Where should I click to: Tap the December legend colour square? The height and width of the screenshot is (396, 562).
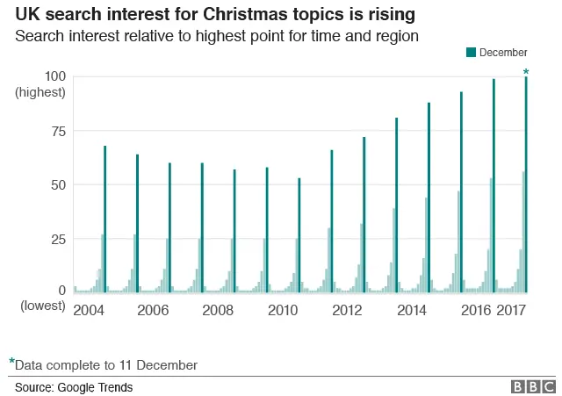pyautogui.click(x=471, y=54)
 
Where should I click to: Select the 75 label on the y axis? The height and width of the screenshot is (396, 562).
pyautogui.click(x=57, y=131)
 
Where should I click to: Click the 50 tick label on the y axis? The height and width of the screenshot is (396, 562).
pyautogui.click(x=57, y=185)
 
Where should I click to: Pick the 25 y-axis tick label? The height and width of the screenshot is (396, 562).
pyautogui.click(x=57, y=239)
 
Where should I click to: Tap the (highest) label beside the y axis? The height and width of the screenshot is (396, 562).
pyautogui.click(x=40, y=92)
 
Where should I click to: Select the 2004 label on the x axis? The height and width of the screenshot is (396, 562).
pyautogui.click(x=88, y=311)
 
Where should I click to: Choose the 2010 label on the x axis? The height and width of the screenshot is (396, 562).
pyautogui.click(x=283, y=311)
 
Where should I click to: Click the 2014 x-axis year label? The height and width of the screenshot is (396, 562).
pyautogui.click(x=412, y=311)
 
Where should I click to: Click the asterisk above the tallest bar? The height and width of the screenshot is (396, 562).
pyautogui.click(x=526, y=72)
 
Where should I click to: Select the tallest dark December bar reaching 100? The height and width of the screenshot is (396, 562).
pyautogui.click(x=526, y=184)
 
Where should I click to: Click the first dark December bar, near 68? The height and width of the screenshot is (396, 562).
pyautogui.click(x=104, y=220)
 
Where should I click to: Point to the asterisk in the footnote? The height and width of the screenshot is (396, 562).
pyautogui.click(x=12, y=362)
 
